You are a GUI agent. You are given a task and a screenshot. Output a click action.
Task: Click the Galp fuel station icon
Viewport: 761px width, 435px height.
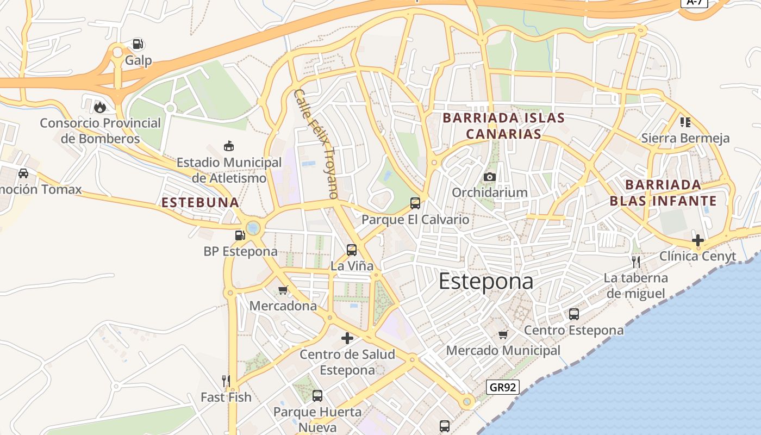coord(138,44)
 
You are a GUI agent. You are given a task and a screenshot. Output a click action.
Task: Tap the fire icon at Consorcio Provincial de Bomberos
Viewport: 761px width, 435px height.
coord(100,107)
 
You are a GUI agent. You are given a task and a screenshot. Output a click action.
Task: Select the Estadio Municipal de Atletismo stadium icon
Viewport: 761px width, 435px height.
coord(229,146)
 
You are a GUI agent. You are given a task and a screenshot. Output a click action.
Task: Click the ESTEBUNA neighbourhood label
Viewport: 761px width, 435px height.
coord(200,203)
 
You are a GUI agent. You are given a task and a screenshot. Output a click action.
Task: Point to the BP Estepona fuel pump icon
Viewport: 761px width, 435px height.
coord(240,235)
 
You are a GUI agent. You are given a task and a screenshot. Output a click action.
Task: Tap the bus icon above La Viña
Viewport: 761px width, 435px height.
coord(352,250)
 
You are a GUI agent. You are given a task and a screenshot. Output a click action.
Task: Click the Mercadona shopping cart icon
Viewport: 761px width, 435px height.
coord(283,290)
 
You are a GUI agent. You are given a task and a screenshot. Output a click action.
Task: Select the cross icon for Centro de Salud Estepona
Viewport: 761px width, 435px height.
coord(347,338)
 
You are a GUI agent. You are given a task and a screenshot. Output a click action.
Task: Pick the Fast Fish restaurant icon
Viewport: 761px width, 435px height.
coord(226,381)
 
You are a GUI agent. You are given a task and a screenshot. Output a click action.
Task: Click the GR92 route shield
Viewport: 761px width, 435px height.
coord(503,387)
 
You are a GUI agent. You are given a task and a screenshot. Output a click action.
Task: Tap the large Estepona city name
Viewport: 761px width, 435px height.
coord(485,282)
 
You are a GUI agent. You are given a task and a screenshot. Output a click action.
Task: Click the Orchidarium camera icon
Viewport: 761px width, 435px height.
coord(490,177)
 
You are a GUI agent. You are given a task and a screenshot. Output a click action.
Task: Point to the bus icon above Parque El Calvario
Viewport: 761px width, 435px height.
coord(415,203)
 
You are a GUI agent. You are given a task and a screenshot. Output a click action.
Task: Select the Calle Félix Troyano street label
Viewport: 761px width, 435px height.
coord(316,144)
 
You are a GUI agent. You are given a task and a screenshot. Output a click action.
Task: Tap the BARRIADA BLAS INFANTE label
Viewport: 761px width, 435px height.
coord(663,192)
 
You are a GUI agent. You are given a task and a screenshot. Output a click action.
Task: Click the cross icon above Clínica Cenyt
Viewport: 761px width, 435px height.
coord(697,240)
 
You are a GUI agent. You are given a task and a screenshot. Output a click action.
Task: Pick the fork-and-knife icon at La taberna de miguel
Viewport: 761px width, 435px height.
coord(635,262)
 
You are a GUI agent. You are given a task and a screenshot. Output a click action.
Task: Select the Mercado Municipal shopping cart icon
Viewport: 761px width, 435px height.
coord(503,334)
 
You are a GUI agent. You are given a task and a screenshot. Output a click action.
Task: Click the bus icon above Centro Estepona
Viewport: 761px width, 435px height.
coord(573,314)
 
